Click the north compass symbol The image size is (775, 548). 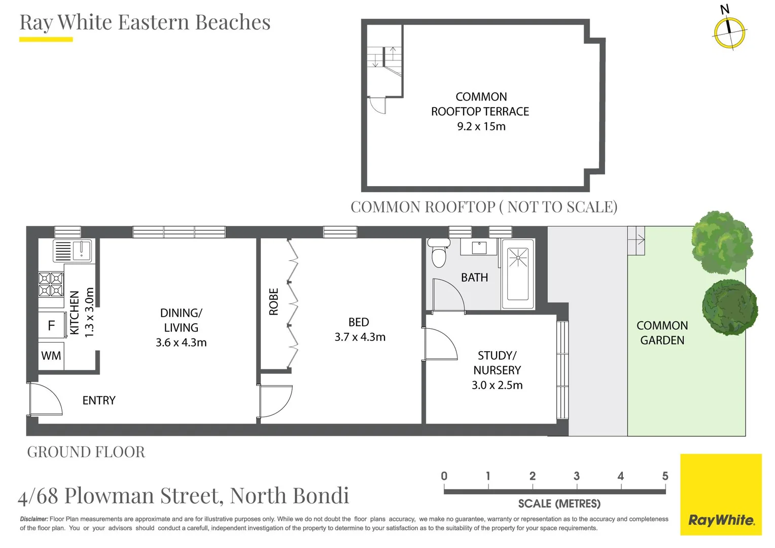pos(729,32)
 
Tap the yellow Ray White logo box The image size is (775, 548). pos(721,494)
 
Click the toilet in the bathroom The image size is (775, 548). pos(439,253)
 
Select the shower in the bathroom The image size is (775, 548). pos(518,273)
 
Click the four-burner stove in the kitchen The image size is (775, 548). pos(51,284)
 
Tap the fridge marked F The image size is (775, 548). pos(51,325)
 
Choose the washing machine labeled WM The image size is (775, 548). pos(51,356)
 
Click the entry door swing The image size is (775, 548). pos(45,400)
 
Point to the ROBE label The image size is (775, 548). pos(274,302)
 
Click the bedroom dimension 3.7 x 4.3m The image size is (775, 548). pos(360,337)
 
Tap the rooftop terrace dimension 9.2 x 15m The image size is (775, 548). pos(481,126)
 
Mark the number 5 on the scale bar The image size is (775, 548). pos(664,476)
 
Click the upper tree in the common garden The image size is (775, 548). pos(722,243)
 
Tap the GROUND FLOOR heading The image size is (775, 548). pos(86,452)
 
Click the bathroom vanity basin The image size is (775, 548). pos(479,248)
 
